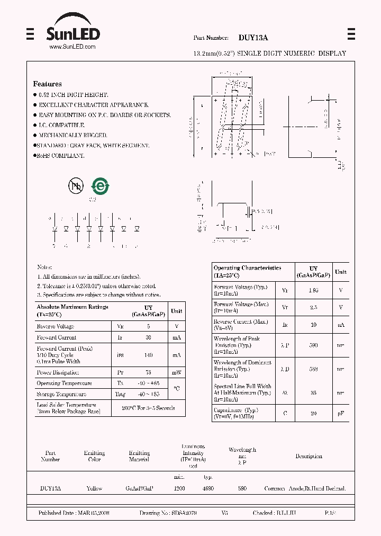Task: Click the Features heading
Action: (47, 84)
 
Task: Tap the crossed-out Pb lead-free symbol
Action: (76, 185)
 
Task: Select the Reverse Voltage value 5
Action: (148, 326)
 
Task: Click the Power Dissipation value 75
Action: (148, 372)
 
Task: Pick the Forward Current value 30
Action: (148, 337)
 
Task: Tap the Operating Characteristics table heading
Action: (247, 271)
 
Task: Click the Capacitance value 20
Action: (313, 413)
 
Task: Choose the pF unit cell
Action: (341, 413)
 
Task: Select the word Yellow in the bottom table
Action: (94, 488)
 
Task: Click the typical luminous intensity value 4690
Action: (208, 488)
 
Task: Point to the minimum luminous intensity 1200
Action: (179, 488)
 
